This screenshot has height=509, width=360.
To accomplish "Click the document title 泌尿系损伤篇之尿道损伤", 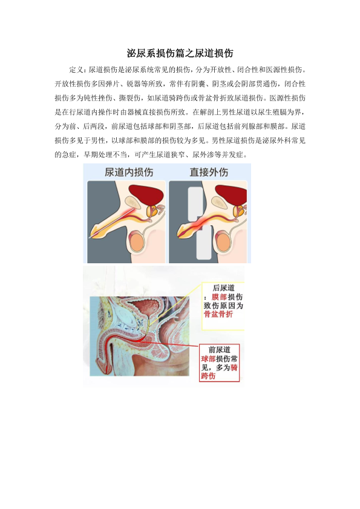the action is tap(180, 53).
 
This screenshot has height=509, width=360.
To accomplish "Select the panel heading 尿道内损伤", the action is tap(129, 172).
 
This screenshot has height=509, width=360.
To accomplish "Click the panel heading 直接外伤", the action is tap(209, 172).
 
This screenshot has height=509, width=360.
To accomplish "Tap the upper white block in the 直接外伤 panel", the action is tap(196, 203).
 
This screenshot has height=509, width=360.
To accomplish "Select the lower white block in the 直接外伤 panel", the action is tap(204, 243).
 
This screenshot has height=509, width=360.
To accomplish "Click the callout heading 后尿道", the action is tap(223, 288).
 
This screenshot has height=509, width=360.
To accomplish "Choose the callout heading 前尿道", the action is tap(219, 350).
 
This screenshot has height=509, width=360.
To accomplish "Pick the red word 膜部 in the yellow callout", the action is tap(219, 297).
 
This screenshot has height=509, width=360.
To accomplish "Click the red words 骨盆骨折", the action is tap(218, 314).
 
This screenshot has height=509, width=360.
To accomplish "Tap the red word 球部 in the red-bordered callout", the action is tap(208, 359).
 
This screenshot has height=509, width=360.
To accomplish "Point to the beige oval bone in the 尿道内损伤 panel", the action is tap(134, 202).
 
